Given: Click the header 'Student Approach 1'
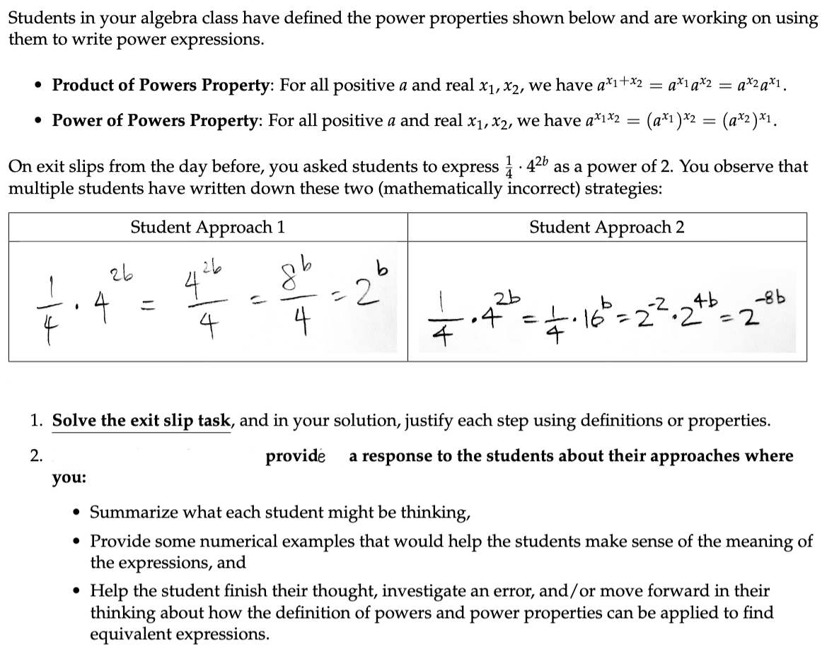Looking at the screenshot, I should pos(208,227).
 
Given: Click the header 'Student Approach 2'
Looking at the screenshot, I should pos(606,227).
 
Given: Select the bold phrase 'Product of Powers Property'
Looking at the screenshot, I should pos(163,86).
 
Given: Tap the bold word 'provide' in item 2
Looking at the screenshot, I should pos(296,456).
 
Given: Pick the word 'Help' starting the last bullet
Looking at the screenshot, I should pos(107,590).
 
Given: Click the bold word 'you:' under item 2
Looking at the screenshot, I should pos(69,478).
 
